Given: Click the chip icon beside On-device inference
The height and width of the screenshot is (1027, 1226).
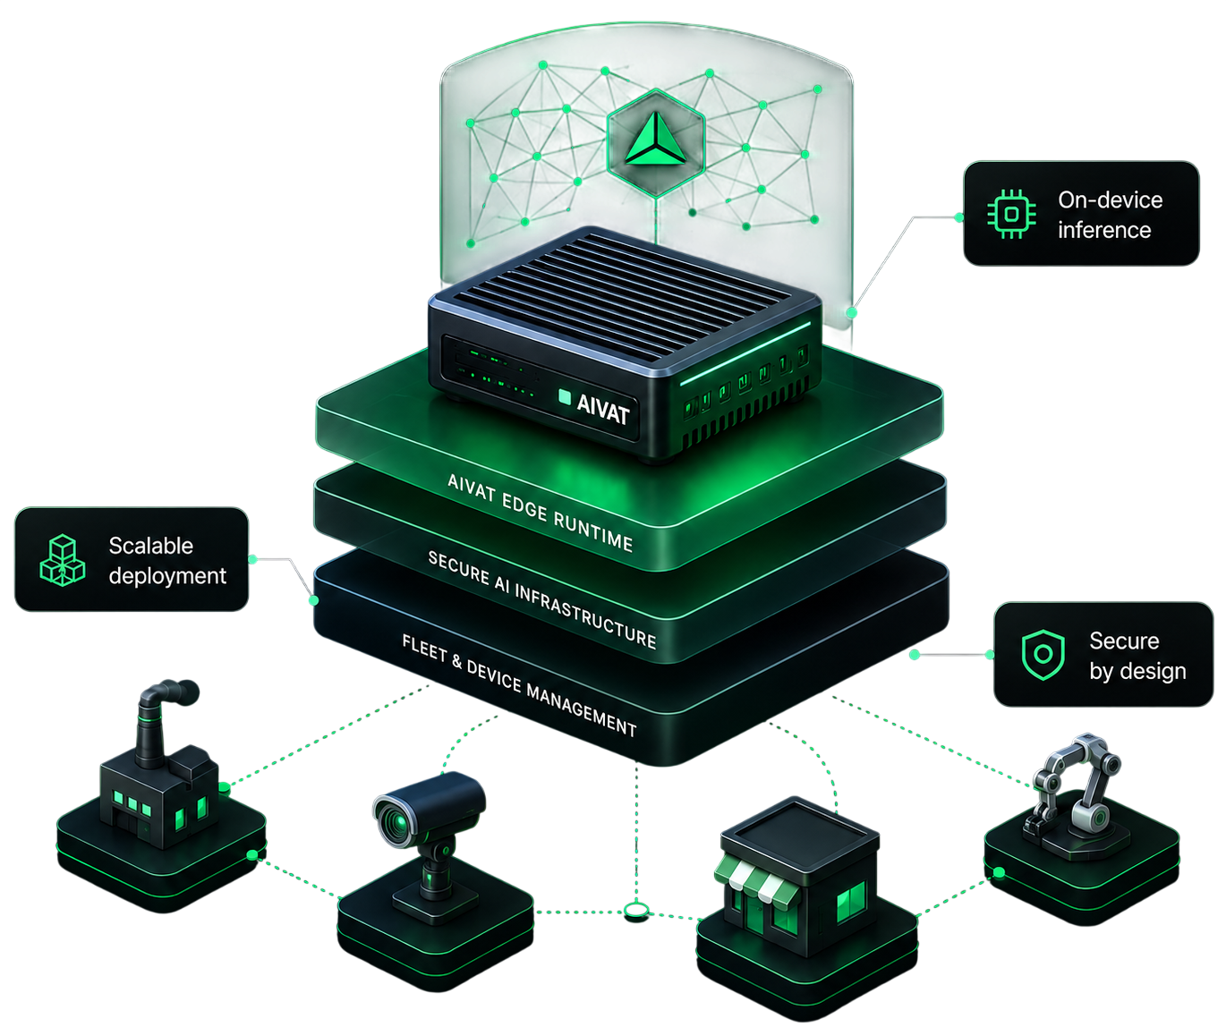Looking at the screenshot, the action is (1011, 214).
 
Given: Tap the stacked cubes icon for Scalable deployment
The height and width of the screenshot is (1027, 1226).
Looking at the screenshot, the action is (63, 560).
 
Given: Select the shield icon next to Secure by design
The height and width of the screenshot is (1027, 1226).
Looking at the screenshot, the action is (1043, 655).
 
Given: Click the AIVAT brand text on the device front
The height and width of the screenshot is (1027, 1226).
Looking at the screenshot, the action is (603, 409).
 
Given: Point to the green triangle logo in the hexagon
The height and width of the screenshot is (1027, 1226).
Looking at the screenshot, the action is (655, 140).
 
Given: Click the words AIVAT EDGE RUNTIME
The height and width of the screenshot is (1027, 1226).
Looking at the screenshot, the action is (541, 513).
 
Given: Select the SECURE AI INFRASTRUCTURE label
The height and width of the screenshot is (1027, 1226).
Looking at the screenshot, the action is (542, 599).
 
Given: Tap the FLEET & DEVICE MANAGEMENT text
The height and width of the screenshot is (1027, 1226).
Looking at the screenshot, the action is (520, 685).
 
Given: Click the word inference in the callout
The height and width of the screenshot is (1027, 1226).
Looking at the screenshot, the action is (1104, 230).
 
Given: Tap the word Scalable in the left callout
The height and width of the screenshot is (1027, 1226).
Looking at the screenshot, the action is (151, 546).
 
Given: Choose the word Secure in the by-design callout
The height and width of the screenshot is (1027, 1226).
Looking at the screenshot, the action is (1124, 641).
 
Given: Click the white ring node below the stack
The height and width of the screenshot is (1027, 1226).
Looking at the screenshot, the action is (636, 910).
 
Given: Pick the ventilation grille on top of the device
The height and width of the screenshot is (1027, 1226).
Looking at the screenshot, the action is (622, 294).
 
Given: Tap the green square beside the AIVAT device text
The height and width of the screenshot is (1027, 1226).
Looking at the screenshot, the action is (565, 397).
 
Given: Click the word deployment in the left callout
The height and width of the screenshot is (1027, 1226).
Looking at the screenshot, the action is (167, 576).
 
